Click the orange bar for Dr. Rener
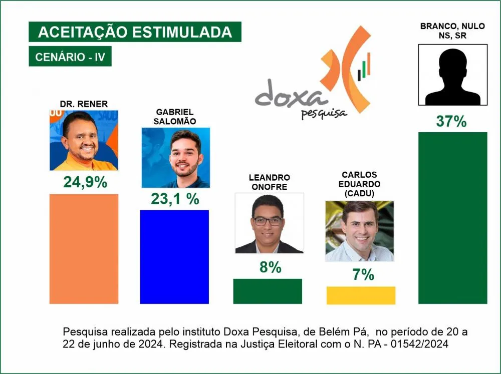84,248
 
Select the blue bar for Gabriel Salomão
174,256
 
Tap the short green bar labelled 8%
268,291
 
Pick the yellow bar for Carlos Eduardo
361,295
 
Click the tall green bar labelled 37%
452,218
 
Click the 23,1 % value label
175,199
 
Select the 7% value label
361,274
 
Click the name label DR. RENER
84,104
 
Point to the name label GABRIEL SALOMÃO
175,116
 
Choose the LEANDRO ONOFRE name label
269,182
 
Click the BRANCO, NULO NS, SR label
452,31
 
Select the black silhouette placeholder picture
452,75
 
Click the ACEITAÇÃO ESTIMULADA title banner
135,32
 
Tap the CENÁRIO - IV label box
70,57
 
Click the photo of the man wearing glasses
269,223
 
